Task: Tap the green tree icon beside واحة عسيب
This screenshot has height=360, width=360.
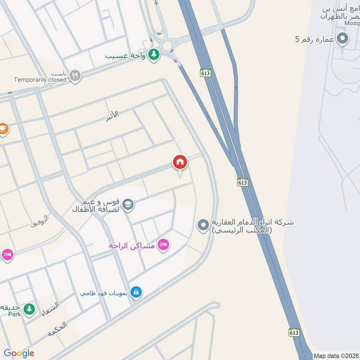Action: pyautogui.click(x=154, y=54)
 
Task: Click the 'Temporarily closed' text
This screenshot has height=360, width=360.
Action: pyautogui.click(x=40, y=80)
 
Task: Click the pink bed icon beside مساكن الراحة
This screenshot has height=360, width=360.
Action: pyautogui.click(x=163, y=244)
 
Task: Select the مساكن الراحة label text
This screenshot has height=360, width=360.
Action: pyautogui.click(x=131, y=246)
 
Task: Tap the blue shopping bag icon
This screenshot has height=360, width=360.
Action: pyautogui.click(x=136, y=292)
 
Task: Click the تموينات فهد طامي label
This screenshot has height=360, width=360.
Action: pyautogui.click(x=103, y=293)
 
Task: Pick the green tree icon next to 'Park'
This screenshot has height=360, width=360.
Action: pyautogui.click(x=29, y=309)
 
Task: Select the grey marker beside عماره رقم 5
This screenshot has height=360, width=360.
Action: pyautogui.click(x=343, y=39)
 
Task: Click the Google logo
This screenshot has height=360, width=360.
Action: pyautogui.click(x=19, y=353)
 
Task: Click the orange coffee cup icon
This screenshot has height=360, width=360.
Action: pyautogui.click(x=3, y=128)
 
